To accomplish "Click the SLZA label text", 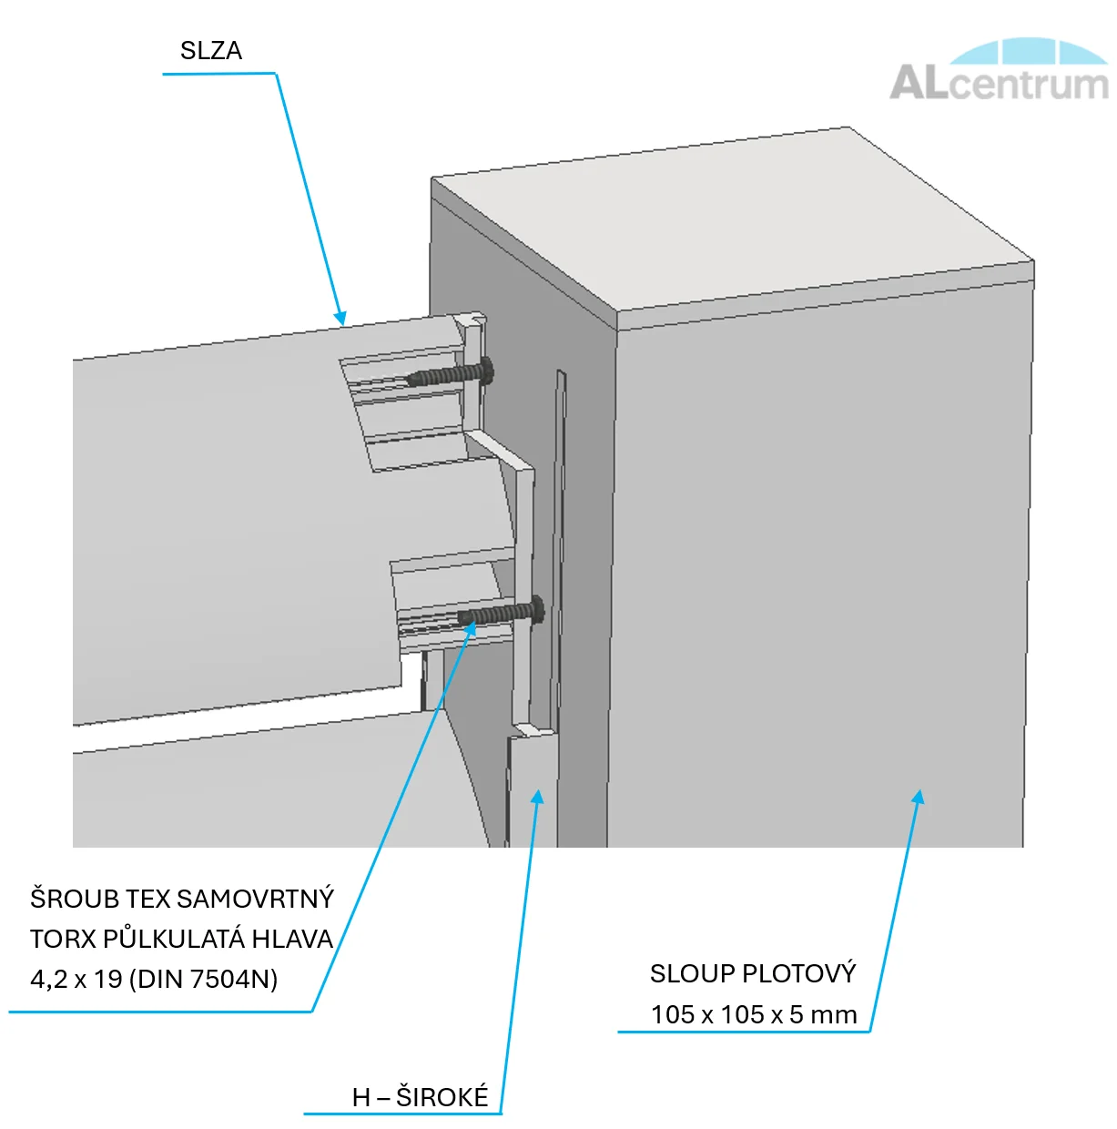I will pyautogui.click(x=211, y=51).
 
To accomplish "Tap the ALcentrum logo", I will pyautogui.click(x=999, y=71).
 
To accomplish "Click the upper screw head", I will pyautogui.click(x=487, y=370).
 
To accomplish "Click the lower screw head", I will pyautogui.click(x=537, y=609).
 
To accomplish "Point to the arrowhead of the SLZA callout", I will pyautogui.click(x=341, y=319).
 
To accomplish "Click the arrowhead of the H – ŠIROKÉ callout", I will pyautogui.click(x=538, y=797).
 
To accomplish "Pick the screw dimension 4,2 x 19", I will pyautogui.click(x=76, y=980).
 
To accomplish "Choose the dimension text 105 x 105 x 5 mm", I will pyautogui.click(x=754, y=1015).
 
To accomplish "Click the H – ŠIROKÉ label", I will pyautogui.click(x=420, y=1098).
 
